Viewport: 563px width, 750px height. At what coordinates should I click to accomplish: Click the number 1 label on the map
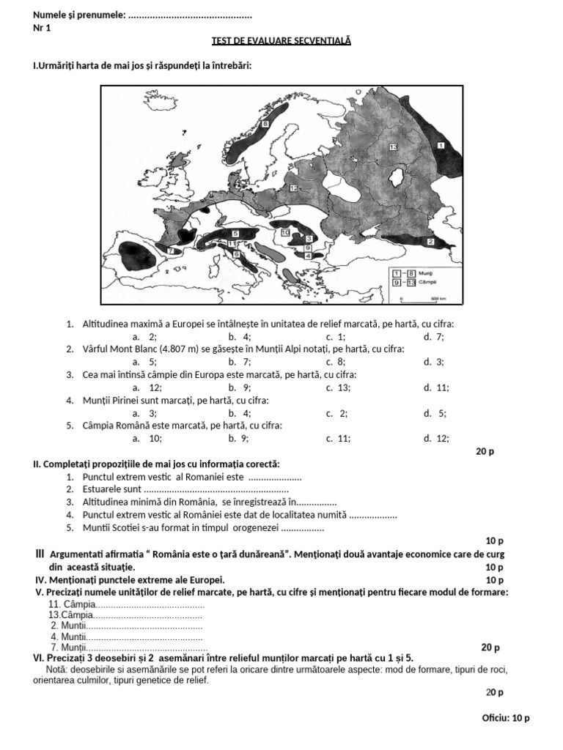pos(441,146)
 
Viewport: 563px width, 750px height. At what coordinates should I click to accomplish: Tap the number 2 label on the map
pos(430,241)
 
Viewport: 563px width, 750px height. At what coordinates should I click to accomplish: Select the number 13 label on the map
pos(393,147)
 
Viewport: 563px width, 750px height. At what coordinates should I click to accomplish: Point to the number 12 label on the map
pos(292,188)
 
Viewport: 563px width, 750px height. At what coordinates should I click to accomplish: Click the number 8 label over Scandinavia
pos(265,125)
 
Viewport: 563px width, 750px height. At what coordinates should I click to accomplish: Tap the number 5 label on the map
pos(235,233)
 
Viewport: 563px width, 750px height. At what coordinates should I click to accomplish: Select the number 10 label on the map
pos(285,231)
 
